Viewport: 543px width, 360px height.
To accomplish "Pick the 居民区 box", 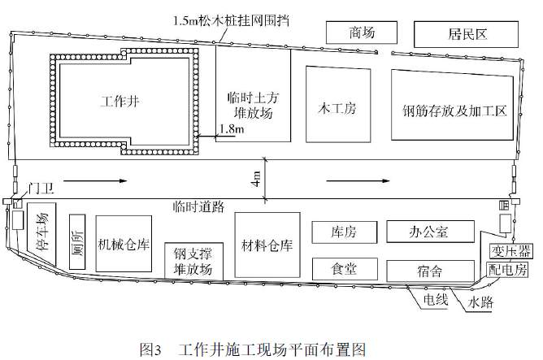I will [x=466, y=34].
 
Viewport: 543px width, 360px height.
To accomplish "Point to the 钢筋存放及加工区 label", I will [x=454, y=110].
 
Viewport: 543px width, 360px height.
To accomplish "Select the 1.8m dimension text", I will [x=231, y=129].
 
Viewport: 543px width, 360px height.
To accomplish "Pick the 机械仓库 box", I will [x=124, y=243].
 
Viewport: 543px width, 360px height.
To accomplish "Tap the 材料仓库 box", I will [x=267, y=244].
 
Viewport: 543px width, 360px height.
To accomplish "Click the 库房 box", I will [x=344, y=232].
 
